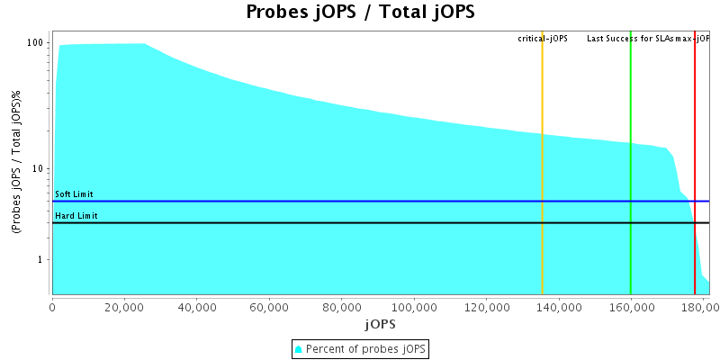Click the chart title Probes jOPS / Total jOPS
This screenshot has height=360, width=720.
point(360,13)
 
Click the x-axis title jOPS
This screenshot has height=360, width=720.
point(380,323)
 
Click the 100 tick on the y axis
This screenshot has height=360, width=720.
point(36,43)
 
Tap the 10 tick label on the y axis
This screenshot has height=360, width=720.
point(40,169)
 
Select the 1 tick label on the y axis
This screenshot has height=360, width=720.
point(42,260)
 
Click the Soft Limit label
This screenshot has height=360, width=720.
point(74,194)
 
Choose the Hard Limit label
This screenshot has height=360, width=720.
point(76,216)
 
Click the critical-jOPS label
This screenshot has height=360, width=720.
point(542,39)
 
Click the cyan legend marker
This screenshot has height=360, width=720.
point(300,348)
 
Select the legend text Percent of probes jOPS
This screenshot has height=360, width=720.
point(366,348)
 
